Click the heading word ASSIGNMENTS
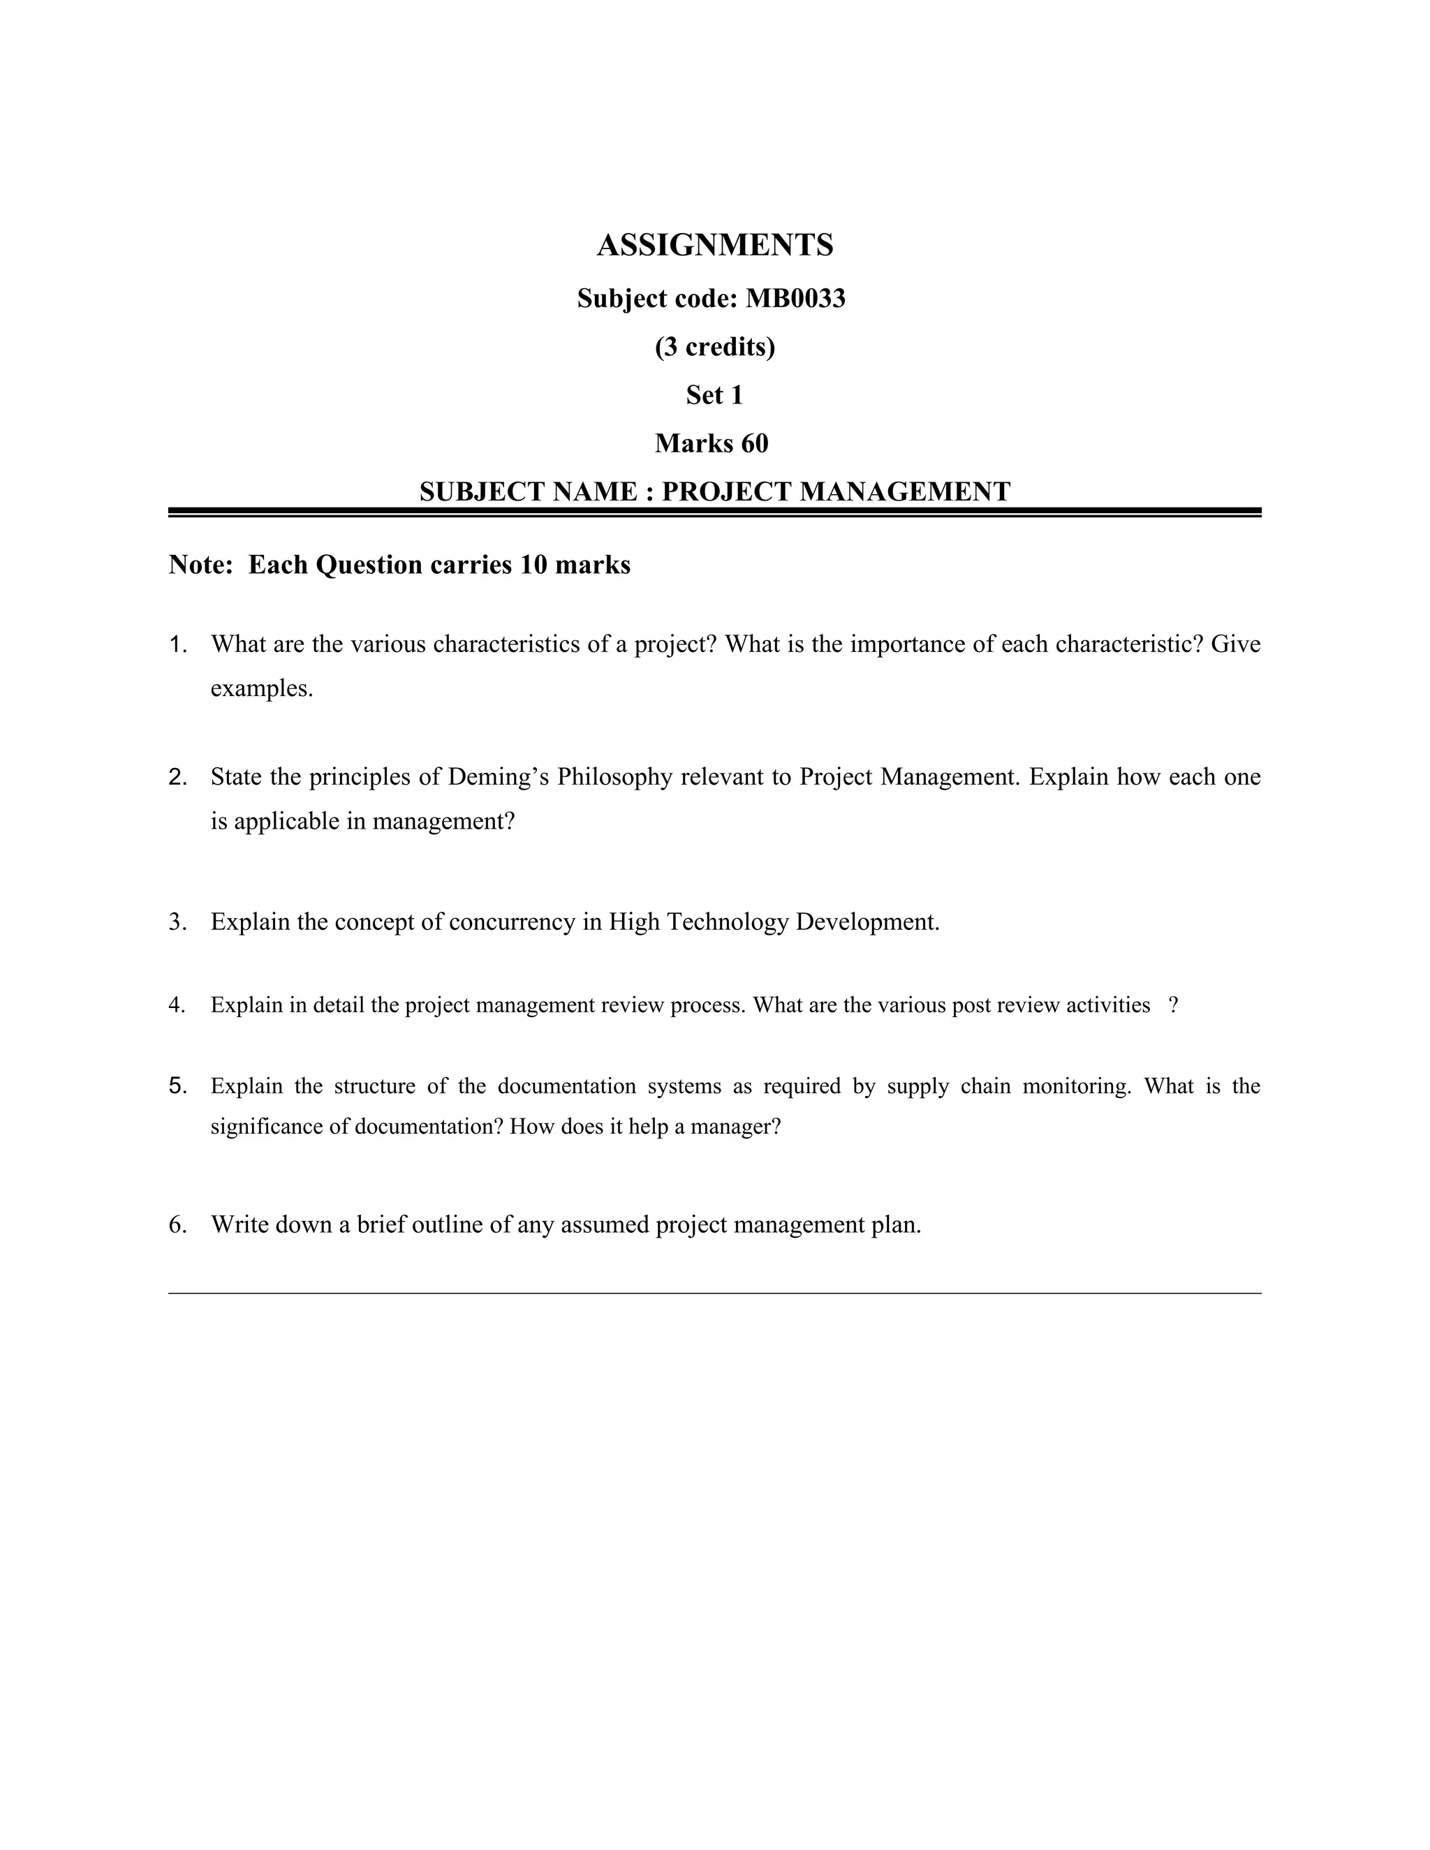coord(715,246)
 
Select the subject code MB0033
coord(795,298)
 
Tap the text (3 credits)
coord(715,346)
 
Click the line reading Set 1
coord(714,394)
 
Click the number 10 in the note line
coord(533,565)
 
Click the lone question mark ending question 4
coord(1172,1005)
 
